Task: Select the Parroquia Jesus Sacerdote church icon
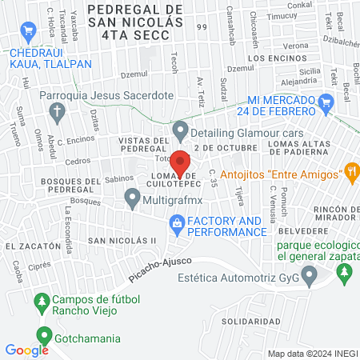pyautogui.click(x=55, y=114)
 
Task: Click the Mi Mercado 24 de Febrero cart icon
pyautogui.click(x=325, y=102)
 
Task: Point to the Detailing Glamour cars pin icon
pyautogui.click(x=180, y=128)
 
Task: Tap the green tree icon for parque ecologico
pyautogui.click(x=344, y=274)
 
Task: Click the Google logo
pyautogui.click(x=26, y=350)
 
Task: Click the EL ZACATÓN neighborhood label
pyautogui.click(x=33, y=247)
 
